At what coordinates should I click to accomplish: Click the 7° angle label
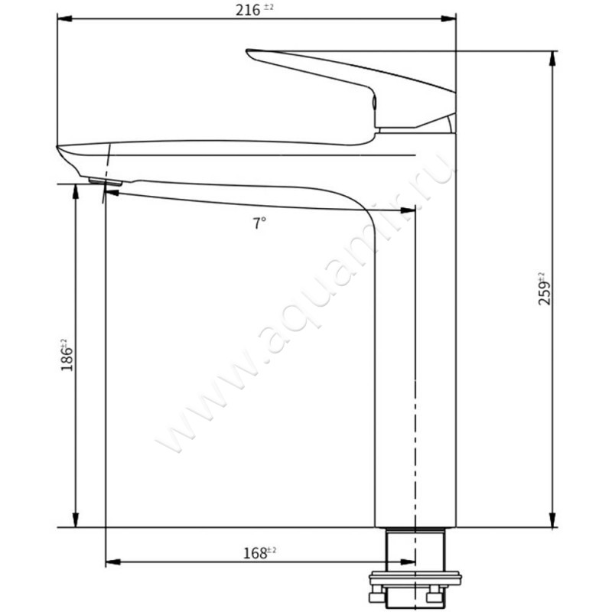pyautogui.click(x=260, y=223)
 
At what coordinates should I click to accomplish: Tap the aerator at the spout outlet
pyautogui.click(x=105, y=181)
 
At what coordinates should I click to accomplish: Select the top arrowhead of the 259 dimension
pyautogui.click(x=552, y=58)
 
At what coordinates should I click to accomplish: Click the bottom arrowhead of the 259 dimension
pyautogui.click(x=552, y=521)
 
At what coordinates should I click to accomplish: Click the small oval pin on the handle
pyautogui.click(x=373, y=103)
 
